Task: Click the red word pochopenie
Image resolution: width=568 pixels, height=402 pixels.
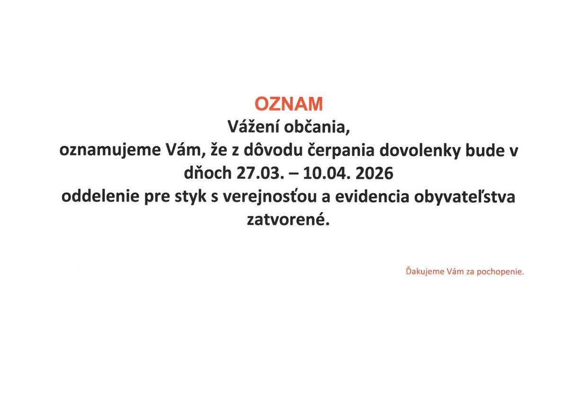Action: [503, 273]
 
